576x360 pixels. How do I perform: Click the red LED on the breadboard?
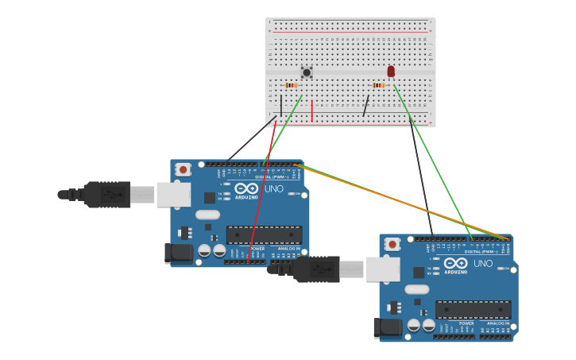[391, 72]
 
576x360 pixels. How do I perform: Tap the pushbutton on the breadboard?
[307, 72]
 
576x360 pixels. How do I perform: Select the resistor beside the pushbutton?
[291, 85]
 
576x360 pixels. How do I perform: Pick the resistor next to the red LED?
[378, 85]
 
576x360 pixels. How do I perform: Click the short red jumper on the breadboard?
[312, 111]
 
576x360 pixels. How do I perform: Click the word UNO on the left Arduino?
[273, 189]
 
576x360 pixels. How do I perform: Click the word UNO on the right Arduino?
[483, 264]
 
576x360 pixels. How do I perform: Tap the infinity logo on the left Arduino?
[246, 188]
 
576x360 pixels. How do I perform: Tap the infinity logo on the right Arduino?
[456, 263]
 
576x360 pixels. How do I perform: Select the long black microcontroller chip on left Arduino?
[264, 234]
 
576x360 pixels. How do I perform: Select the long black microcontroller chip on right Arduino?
[474, 309]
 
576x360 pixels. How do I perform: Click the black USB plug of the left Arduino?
[106, 194]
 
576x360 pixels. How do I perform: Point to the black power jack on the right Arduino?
[387, 327]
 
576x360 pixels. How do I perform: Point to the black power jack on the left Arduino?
[178, 253]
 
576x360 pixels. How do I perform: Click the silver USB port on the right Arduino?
[382, 269]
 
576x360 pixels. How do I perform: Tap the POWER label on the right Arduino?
[466, 323]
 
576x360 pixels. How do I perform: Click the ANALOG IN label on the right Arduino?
[498, 323]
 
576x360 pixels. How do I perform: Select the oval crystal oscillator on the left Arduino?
[207, 215]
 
